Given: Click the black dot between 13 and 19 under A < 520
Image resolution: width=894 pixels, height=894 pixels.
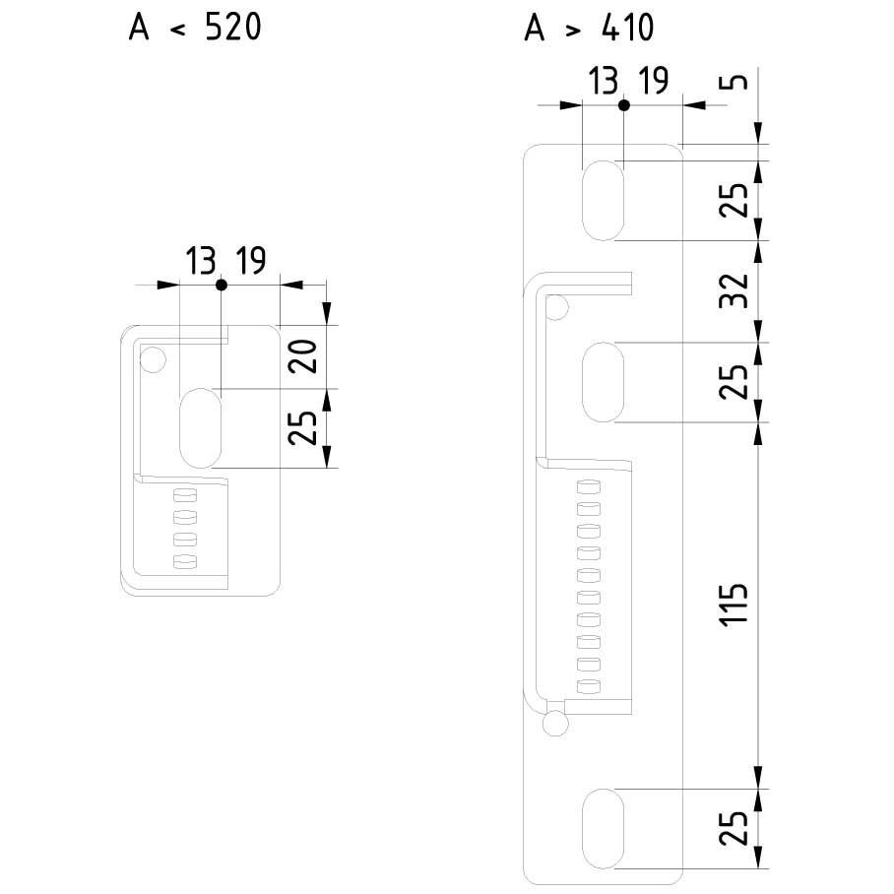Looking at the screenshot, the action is (x=222, y=285).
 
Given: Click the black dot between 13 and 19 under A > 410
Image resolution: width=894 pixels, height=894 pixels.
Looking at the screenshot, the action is (x=624, y=105).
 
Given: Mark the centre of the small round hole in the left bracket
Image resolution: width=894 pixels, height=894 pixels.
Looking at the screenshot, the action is (x=153, y=359).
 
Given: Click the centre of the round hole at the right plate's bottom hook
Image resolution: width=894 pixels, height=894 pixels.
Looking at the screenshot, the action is (x=555, y=724).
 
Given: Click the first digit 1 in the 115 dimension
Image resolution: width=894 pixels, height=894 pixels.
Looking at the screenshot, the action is (x=734, y=619).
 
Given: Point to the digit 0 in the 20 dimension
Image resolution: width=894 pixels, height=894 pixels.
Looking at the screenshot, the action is (x=302, y=348).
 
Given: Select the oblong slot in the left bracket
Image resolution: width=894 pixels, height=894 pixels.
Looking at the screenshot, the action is (x=200, y=427).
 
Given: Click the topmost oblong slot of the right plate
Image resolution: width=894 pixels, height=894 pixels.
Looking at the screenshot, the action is (x=603, y=200).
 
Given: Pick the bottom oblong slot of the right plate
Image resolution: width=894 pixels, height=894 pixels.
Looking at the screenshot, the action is (x=603, y=829).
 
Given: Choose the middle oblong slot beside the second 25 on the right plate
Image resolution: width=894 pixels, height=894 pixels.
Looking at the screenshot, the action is (x=603, y=382).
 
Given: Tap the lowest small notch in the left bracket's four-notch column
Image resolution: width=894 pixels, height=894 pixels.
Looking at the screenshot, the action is (x=185, y=561).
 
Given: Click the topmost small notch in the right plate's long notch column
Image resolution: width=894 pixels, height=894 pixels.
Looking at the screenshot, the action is (x=589, y=487).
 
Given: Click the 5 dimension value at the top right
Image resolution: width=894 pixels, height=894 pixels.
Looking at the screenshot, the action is (x=734, y=81).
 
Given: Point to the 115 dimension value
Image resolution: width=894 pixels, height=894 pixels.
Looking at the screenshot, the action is (x=734, y=604).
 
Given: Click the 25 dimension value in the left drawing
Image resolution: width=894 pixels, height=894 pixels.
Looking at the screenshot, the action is (x=302, y=427).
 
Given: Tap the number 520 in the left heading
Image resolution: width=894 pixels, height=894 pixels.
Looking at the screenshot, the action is (x=233, y=28).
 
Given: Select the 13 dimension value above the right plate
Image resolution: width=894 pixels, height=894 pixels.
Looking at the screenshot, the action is (x=604, y=81).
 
